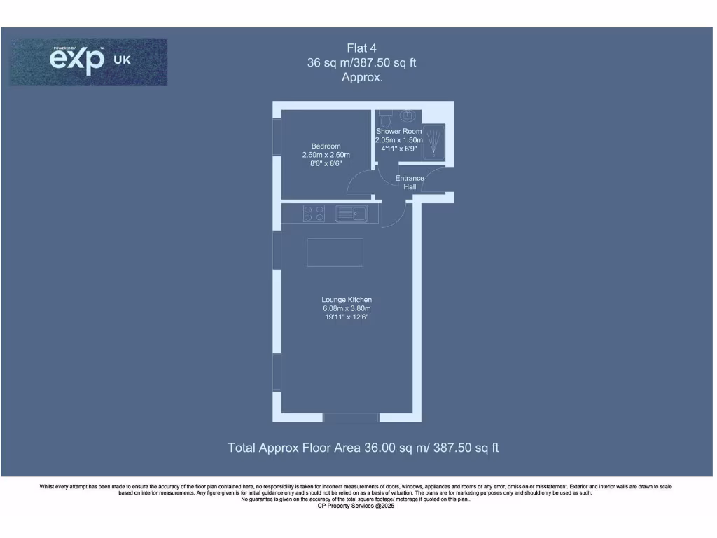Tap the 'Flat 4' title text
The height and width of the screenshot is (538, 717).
tap(362, 48)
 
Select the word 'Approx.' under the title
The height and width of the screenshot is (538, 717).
tap(362, 78)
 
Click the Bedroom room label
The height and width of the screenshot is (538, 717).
tap(326, 146)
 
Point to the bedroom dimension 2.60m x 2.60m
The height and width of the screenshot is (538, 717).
tap(326, 155)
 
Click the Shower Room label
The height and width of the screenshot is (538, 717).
tap(398, 132)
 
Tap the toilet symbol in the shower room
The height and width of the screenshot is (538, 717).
tap(383, 116)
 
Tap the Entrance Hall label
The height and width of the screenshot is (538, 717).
tap(410, 182)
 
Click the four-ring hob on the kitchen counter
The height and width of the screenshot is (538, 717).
tap(313, 213)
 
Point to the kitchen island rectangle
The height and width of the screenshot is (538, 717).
tap(335, 252)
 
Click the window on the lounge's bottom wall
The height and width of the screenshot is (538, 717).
tap(351, 418)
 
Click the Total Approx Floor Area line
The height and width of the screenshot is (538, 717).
tap(363, 448)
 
